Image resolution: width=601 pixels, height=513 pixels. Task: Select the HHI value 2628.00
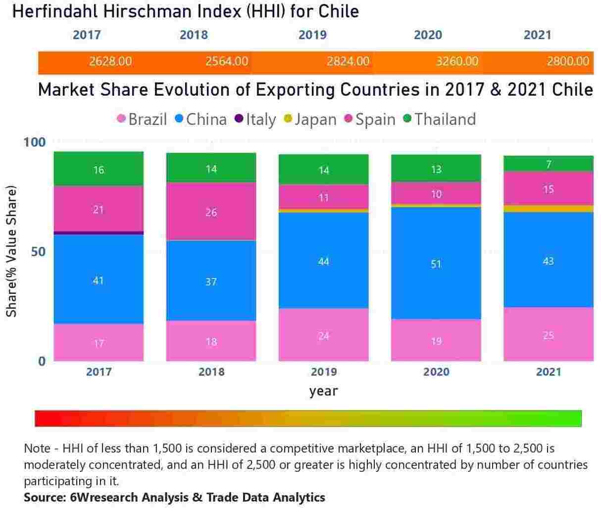click(110, 61)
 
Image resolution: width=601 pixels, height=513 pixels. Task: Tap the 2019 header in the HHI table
click(312, 35)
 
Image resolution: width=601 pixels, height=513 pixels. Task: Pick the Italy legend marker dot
click(239, 119)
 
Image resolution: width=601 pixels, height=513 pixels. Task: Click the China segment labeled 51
click(436, 263)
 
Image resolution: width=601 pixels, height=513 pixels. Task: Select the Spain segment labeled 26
click(211, 212)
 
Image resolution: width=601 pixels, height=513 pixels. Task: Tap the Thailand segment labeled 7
click(548, 164)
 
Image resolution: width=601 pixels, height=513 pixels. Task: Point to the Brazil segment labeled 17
click(99, 342)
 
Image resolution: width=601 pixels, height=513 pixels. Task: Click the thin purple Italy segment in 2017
click(99, 232)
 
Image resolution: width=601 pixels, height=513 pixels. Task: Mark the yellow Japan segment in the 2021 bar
click(548, 209)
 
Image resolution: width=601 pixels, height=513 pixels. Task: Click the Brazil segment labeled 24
click(323, 336)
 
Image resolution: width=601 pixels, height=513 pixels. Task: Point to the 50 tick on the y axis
click(38, 252)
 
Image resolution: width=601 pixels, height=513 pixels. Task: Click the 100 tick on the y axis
click(34, 142)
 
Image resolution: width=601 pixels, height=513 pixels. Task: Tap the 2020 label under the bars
click(436, 372)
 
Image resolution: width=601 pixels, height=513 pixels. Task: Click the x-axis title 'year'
click(323, 391)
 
